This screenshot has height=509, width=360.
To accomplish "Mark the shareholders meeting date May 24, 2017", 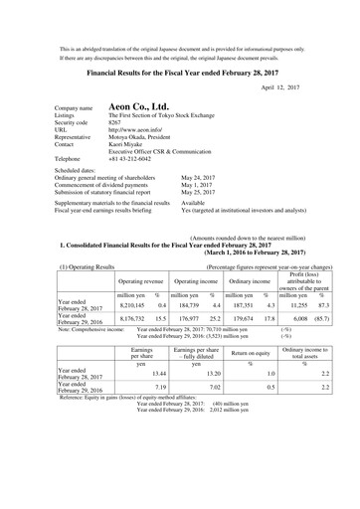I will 203,202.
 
